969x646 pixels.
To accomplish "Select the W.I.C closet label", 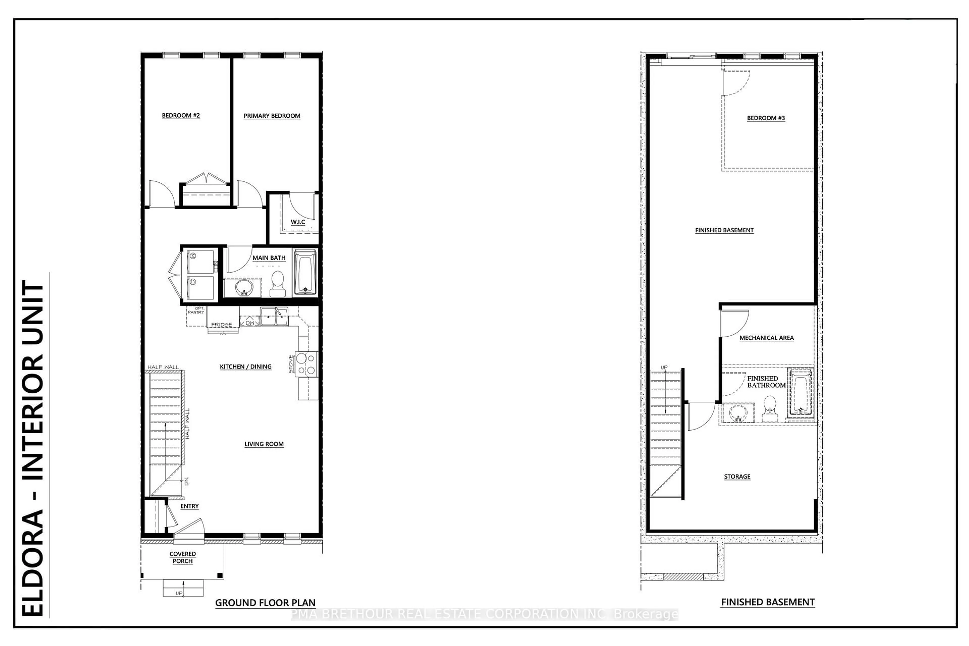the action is pos(298,222).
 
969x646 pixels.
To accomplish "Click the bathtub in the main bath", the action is pos(305,272).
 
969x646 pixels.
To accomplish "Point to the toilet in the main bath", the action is pos(278,284).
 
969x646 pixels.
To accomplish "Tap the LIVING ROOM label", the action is pos(264,444).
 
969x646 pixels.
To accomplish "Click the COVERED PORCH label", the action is pos(182,557).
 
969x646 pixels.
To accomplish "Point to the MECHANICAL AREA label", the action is pos(766,338).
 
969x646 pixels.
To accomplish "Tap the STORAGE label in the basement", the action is pos(737,477).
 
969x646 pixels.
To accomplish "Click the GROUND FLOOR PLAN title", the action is pos(265,603).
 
